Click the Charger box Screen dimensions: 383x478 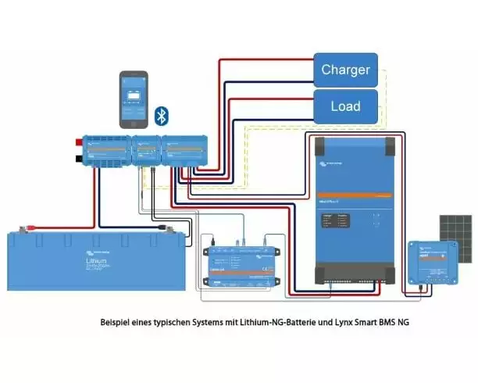[345, 70]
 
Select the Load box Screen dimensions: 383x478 [345, 104]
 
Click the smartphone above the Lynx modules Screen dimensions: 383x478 [134, 98]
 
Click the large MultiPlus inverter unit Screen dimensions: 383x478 [358, 209]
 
